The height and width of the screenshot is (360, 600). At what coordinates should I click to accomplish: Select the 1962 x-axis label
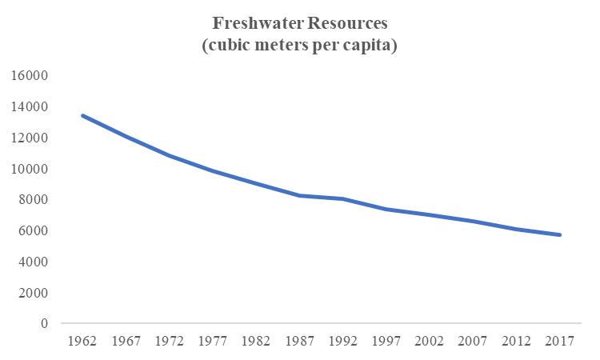(82, 341)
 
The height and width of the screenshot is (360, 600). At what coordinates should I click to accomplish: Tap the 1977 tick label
(213, 341)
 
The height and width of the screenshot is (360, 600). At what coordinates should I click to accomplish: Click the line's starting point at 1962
(82, 115)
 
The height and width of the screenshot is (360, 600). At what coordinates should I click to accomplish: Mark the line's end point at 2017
(561, 235)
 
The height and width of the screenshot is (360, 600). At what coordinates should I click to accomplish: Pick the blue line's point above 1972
(170, 155)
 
